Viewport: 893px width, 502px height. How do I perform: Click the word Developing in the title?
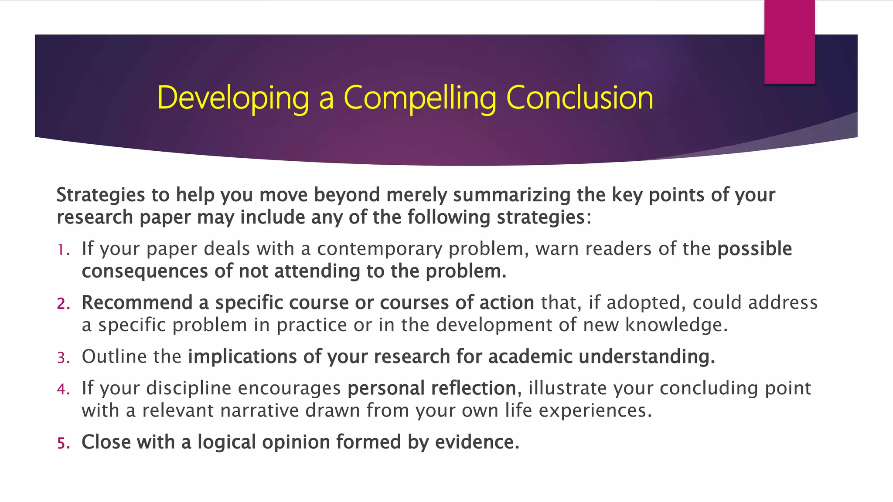point(233,98)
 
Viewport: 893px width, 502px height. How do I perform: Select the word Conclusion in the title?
point(579,98)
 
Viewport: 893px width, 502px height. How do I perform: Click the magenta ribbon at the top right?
point(789,41)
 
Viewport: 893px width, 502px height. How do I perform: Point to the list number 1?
point(62,250)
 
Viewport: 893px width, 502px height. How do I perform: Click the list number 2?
point(63,304)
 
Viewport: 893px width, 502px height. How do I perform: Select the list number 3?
point(63,358)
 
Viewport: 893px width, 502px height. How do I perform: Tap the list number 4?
point(63,389)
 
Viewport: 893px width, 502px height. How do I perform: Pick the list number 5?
point(63,443)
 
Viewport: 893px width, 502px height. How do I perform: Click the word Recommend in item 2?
point(137,302)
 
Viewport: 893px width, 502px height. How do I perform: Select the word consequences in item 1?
point(144,271)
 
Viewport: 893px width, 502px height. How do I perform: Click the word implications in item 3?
point(242,356)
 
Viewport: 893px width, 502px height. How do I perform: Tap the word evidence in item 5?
point(477,442)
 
